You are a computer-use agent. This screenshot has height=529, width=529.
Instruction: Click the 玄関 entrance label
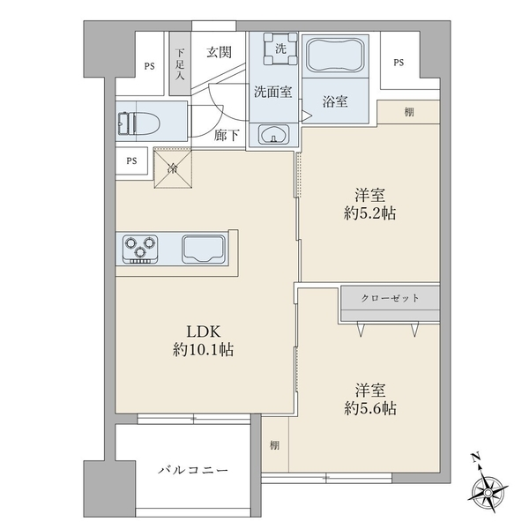coord(220,53)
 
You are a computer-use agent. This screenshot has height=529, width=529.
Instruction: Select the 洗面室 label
coord(273,91)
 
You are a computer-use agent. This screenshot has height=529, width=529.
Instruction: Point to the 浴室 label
coord(334,101)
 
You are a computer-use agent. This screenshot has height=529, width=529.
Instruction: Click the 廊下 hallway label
coord(227,135)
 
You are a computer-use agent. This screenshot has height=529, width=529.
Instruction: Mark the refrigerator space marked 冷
coord(173,168)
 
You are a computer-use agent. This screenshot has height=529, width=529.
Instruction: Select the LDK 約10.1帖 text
coord(208,340)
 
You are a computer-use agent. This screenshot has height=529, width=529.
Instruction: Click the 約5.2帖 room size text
coord(369,214)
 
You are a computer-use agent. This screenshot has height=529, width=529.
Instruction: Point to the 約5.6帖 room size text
coord(369,408)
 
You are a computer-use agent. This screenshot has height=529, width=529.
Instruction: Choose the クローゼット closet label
coord(391,298)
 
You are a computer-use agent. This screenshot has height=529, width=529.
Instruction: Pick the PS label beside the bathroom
coord(399,63)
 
